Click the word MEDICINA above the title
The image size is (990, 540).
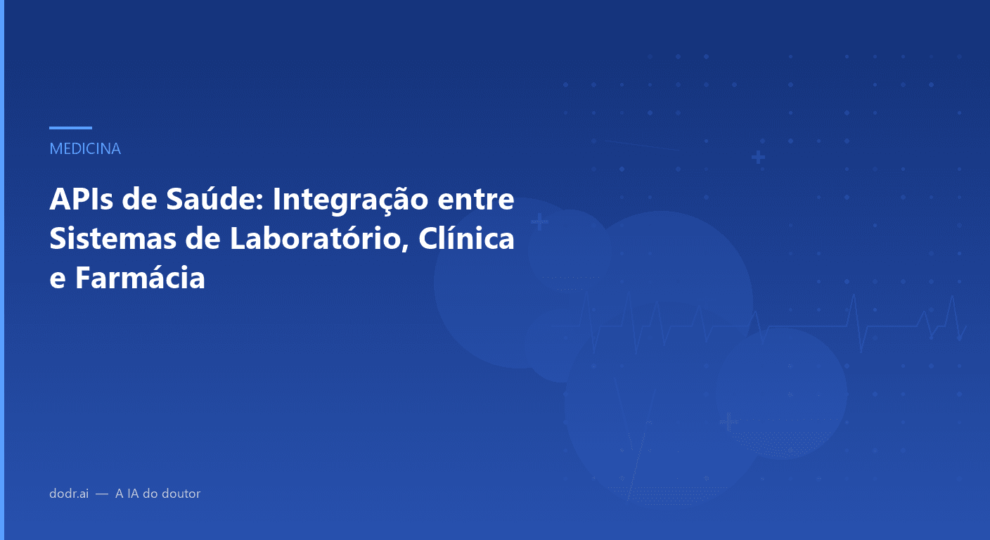click(x=85, y=149)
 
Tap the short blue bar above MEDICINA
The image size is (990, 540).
click(x=70, y=128)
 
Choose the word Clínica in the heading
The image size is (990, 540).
click(x=467, y=239)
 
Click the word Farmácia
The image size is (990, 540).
click(x=140, y=278)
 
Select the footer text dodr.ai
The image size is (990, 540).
click(x=69, y=494)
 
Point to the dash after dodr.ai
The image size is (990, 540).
click(x=102, y=494)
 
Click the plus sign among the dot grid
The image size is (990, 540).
click(x=758, y=157)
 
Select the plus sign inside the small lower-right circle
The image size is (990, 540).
click(x=729, y=422)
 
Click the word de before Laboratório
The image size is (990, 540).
click(x=204, y=239)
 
